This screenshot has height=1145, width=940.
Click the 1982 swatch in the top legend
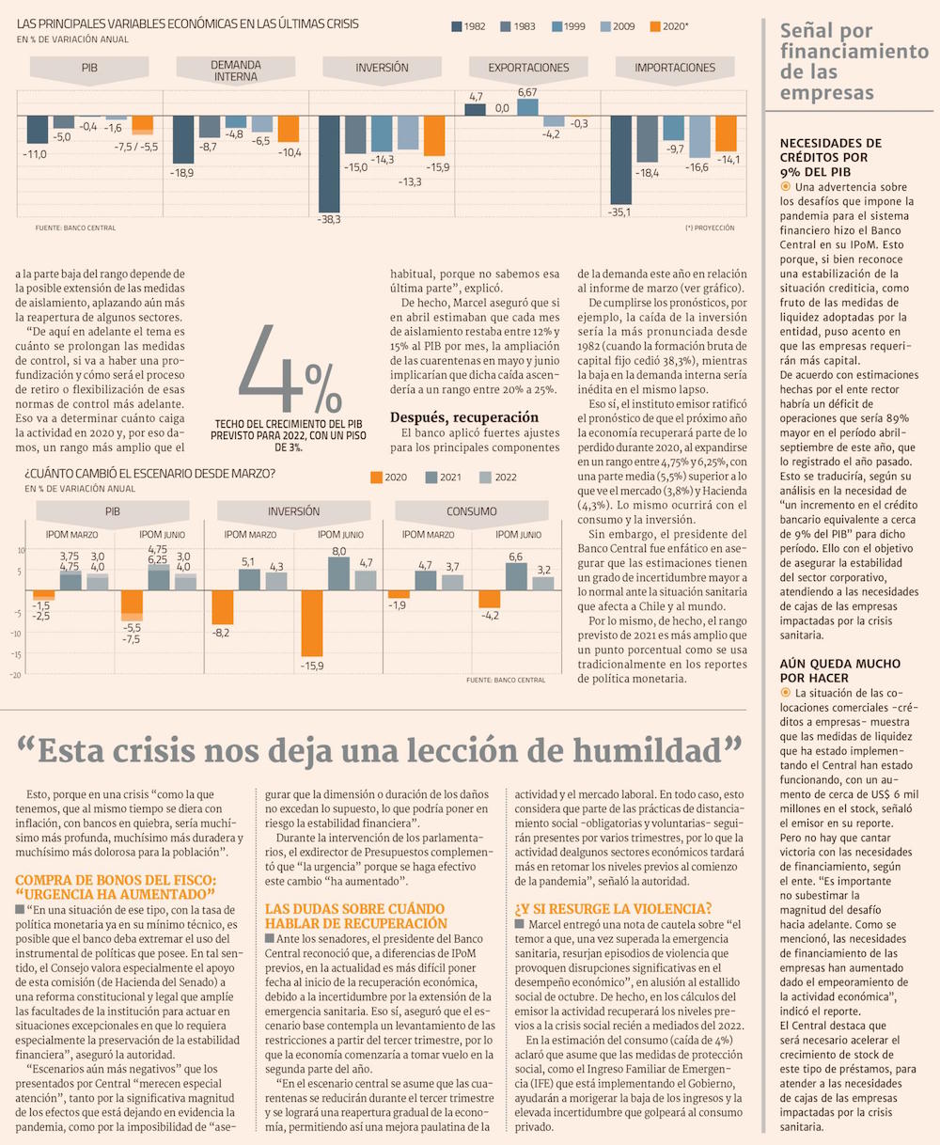coord(457,26)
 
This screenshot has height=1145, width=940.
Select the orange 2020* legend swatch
coord(655,26)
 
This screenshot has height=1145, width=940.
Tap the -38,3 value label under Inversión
coord(328,219)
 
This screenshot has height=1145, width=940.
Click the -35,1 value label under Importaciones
coord(621,212)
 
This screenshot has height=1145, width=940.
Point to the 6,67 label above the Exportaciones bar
coord(527,92)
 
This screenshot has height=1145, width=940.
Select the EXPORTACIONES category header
coord(528,68)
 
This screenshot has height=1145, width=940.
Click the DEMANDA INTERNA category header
coord(235,71)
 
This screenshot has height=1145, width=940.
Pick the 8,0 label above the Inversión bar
coord(338,551)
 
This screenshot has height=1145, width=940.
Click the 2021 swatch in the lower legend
coord(431,478)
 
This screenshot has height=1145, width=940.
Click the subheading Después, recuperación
coord(464,416)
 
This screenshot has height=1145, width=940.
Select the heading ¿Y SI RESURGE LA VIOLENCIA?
coord(613,908)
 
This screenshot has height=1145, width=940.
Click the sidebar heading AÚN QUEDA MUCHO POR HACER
coord(828,670)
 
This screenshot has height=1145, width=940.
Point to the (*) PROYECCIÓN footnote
coord(710,227)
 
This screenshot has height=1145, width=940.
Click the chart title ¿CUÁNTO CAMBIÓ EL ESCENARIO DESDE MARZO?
coord(150,473)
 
